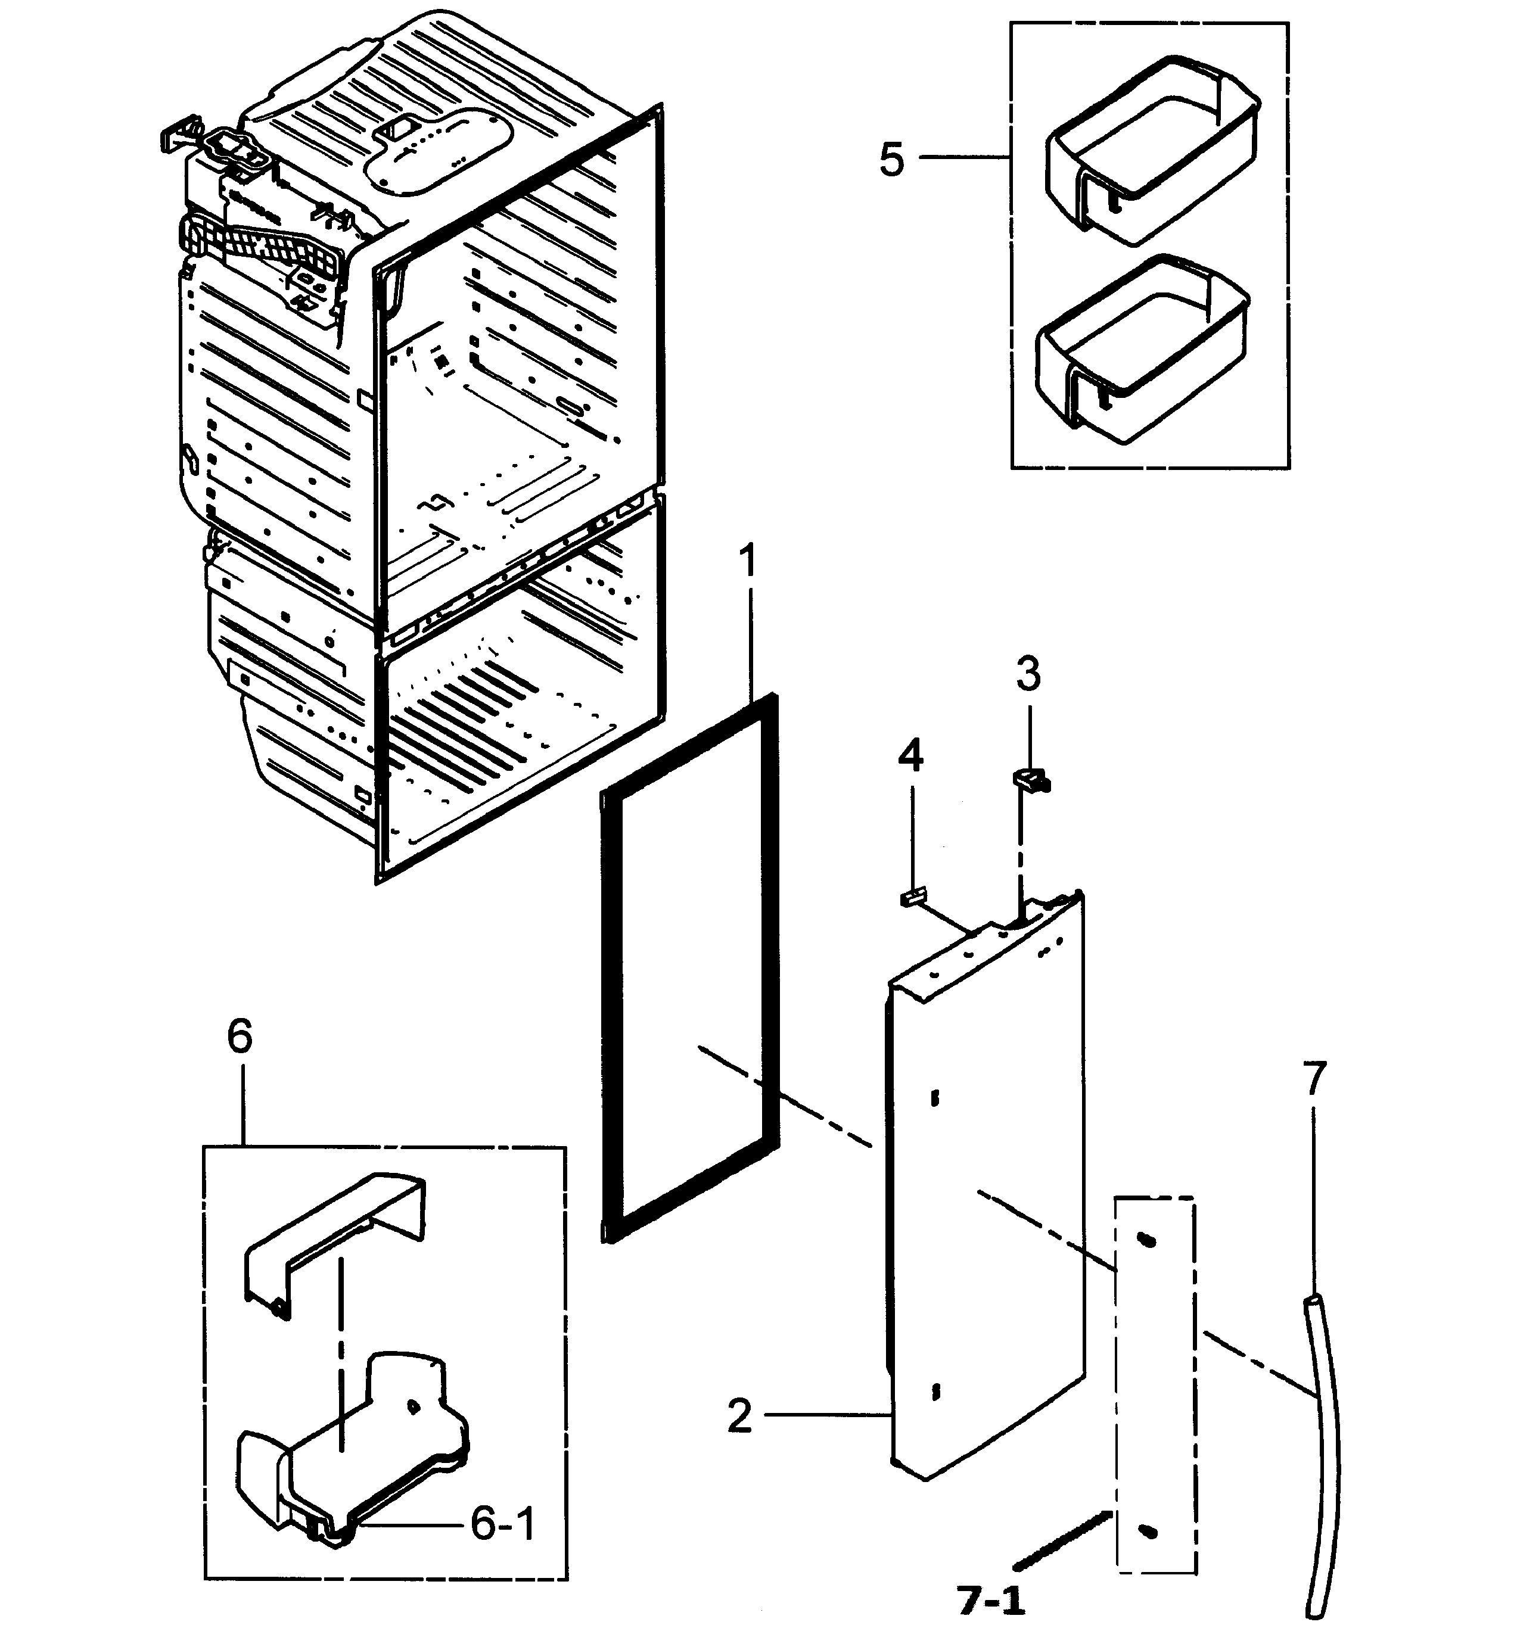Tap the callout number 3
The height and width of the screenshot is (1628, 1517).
(1027, 674)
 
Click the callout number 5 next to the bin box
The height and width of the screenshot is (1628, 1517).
(891, 159)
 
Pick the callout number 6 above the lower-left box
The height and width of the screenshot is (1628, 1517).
(239, 1036)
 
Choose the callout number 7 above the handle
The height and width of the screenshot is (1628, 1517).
(1313, 1079)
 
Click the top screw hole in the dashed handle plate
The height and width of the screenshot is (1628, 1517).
(1148, 1241)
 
